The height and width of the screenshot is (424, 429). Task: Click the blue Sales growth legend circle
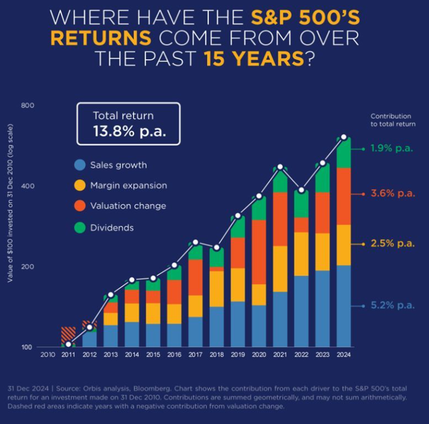tap(80, 165)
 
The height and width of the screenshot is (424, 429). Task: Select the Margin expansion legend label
tap(129, 186)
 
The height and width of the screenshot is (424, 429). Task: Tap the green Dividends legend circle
tap(80, 227)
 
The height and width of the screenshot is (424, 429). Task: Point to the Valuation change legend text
tap(128, 206)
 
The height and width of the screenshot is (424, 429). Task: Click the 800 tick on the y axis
tap(28, 106)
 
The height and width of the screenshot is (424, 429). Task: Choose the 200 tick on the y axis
tap(28, 267)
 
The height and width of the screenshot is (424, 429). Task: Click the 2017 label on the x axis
tap(195, 354)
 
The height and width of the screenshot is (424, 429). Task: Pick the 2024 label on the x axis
tap(344, 354)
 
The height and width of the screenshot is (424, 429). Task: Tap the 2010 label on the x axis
tap(48, 354)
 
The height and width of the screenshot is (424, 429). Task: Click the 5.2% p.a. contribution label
tap(393, 305)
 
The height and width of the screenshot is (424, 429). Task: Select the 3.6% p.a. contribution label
tap(393, 194)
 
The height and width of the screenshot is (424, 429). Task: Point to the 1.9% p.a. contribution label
tap(393, 148)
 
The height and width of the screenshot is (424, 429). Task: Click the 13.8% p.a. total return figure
tap(129, 131)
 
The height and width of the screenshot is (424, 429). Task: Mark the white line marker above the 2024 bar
tap(344, 137)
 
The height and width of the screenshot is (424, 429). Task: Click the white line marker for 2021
tap(280, 167)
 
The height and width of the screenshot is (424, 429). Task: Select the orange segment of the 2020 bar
tap(259, 252)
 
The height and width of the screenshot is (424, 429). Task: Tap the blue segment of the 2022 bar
tap(301, 311)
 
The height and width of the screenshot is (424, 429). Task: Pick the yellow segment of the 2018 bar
tap(217, 288)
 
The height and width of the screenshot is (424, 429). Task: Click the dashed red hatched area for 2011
tap(68, 334)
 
